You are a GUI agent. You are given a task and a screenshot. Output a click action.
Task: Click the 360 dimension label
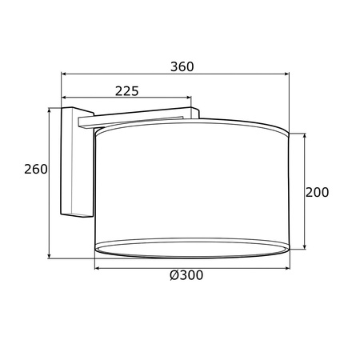tap(182, 66)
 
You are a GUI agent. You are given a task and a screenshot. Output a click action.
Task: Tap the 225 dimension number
tap(127, 91)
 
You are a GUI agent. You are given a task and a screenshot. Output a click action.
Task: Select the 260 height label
tap(36, 169)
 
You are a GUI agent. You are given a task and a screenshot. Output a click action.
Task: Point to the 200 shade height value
tap(317, 192)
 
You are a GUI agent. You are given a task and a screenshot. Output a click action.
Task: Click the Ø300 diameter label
tap(186, 275)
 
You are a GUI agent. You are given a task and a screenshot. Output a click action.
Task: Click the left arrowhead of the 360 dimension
tap(64, 74)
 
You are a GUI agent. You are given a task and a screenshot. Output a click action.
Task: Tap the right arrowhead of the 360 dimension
tap(286, 74)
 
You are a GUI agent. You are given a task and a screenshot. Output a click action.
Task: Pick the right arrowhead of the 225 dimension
tap(189, 98)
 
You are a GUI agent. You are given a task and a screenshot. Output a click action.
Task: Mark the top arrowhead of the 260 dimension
tap(49, 110)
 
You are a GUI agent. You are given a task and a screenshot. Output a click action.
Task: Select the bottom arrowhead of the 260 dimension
tap(49, 256)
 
